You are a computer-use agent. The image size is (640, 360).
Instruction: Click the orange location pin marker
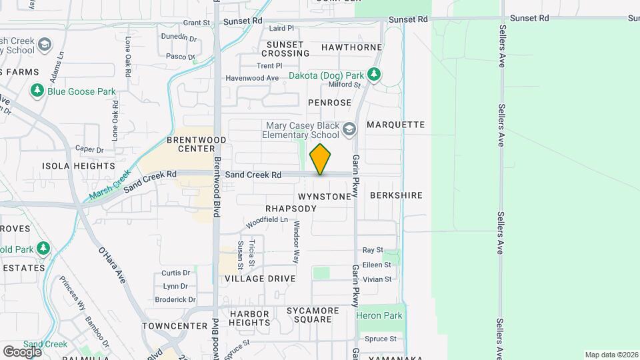[x=321, y=159]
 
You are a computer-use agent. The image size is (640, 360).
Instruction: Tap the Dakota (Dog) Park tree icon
[x=375, y=75]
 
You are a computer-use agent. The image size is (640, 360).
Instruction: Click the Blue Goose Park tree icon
[x=37, y=91]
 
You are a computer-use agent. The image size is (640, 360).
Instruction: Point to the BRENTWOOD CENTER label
[x=196, y=144]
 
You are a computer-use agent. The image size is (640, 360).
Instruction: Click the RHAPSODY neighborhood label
[x=291, y=209]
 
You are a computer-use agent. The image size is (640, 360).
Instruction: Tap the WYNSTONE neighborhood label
[x=324, y=197]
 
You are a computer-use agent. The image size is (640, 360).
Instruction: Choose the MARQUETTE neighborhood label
[x=395, y=125]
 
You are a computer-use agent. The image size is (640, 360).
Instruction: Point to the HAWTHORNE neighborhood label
[x=351, y=47]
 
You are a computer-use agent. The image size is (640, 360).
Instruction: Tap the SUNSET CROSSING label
[x=285, y=49]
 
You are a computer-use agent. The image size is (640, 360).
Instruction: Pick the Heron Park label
[x=379, y=315]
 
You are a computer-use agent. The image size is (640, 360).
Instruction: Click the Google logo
[x=22, y=351]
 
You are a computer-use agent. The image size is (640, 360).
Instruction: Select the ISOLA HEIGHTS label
[x=79, y=166]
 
